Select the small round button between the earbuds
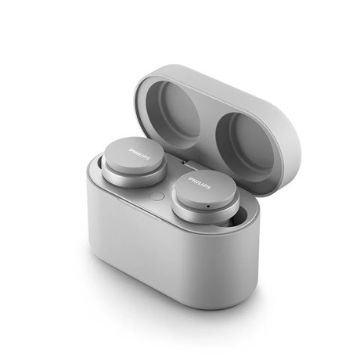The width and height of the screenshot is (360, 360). pos(154,198)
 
